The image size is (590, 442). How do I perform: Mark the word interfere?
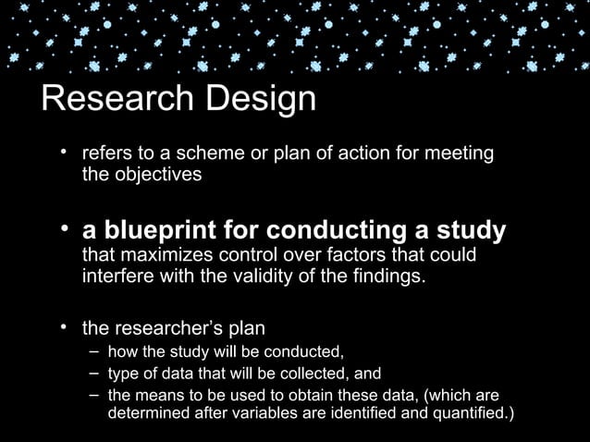click(117, 275)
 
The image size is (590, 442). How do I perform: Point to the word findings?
click(384, 275)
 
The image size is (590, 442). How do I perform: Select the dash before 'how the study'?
click(96, 351)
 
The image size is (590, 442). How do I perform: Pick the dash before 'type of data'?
click(96, 374)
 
